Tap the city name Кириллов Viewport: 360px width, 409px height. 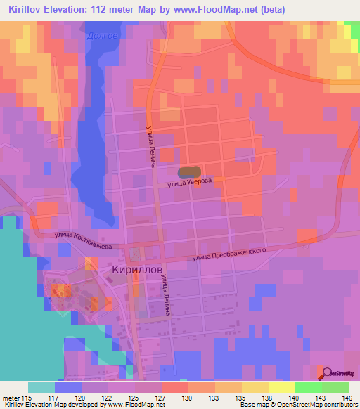click(138, 269)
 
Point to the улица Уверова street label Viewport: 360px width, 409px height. click(190, 183)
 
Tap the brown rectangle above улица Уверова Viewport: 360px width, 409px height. click(189, 171)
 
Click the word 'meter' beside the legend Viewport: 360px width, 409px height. click(11, 397)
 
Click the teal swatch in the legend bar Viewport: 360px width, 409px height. click(41, 387)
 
